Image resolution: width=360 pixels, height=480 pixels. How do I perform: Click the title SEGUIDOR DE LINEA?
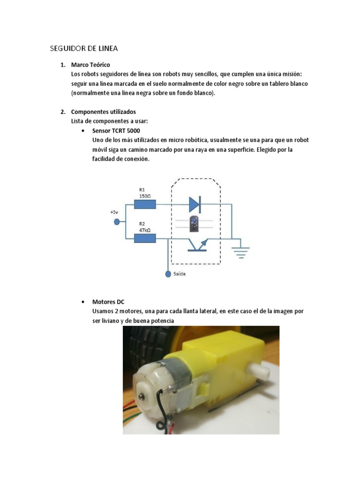83,48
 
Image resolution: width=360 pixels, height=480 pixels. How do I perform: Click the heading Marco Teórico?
90,65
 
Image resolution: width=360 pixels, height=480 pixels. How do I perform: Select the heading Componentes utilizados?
103,112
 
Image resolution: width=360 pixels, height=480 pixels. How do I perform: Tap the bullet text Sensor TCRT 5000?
116,131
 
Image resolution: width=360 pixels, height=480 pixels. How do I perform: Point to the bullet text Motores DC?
108,302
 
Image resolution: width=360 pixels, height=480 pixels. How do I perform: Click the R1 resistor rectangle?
145,204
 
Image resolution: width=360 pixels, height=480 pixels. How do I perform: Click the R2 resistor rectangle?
145,238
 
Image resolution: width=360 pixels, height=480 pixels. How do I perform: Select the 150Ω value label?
145,196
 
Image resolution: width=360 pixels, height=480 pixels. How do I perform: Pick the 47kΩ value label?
145,230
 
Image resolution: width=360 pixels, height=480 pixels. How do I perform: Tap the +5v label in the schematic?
114,212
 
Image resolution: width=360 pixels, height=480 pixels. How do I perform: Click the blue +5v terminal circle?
117,222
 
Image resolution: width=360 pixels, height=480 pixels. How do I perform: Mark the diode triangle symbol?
195,204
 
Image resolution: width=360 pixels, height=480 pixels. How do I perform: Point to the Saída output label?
180,274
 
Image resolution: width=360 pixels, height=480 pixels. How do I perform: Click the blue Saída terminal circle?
168,274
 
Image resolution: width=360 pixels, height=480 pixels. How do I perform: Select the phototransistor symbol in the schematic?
197,245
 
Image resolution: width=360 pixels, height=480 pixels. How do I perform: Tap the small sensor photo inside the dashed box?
194,224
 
